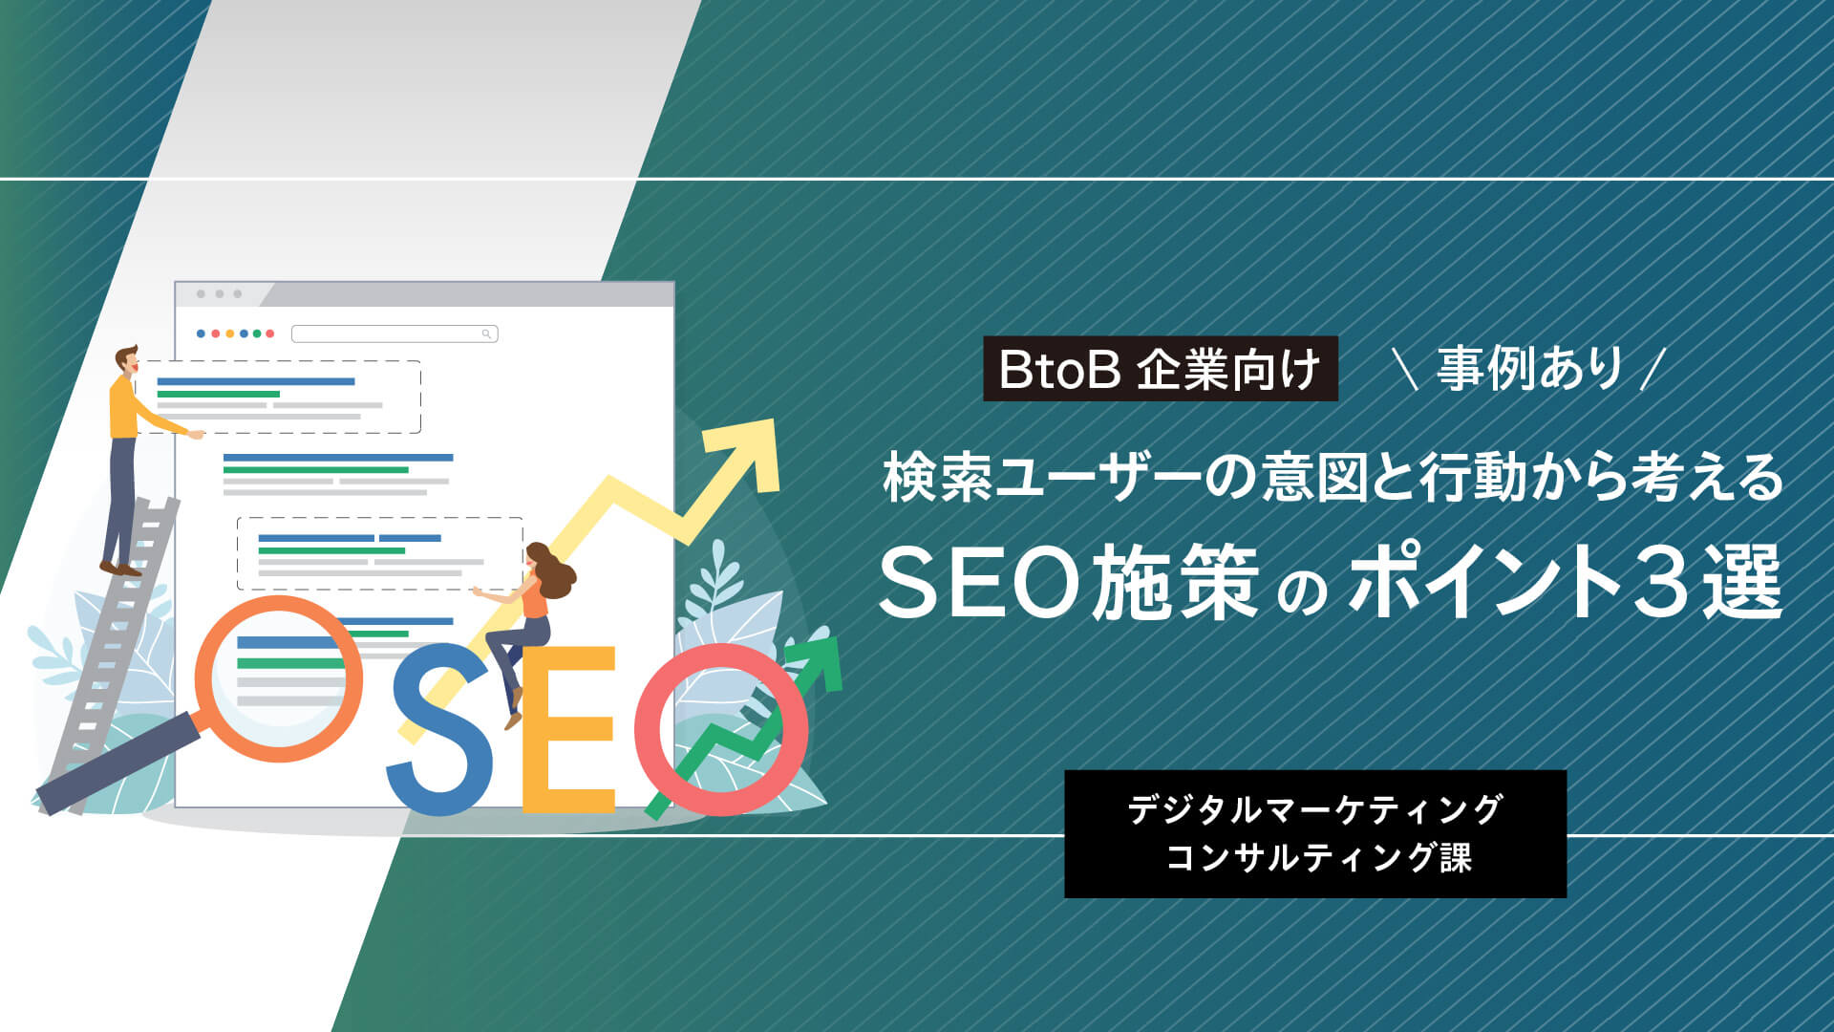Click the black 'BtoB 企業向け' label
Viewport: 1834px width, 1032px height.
pyautogui.click(x=1161, y=369)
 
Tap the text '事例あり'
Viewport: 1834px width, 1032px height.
pyautogui.click(x=1530, y=369)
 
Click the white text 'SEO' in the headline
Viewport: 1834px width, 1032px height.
pyautogui.click(x=979, y=583)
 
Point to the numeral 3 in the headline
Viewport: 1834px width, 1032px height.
pyautogui.click(x=1665, y=583)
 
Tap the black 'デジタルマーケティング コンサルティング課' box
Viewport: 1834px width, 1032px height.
pyautogui.click(x=1315, y=833)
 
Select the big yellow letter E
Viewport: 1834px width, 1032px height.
pyautogui.click(x=567, y=729)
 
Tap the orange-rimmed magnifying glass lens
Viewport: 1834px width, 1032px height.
pyautogui.click(x=279, y=678)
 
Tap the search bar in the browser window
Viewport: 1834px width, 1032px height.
pyautogui.click(x=395, y=333)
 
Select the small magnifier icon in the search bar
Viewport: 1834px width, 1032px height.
pyautogui.click(x=486, y=333)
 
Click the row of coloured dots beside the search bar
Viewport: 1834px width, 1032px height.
pyautogui.click(x=235, y=333)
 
